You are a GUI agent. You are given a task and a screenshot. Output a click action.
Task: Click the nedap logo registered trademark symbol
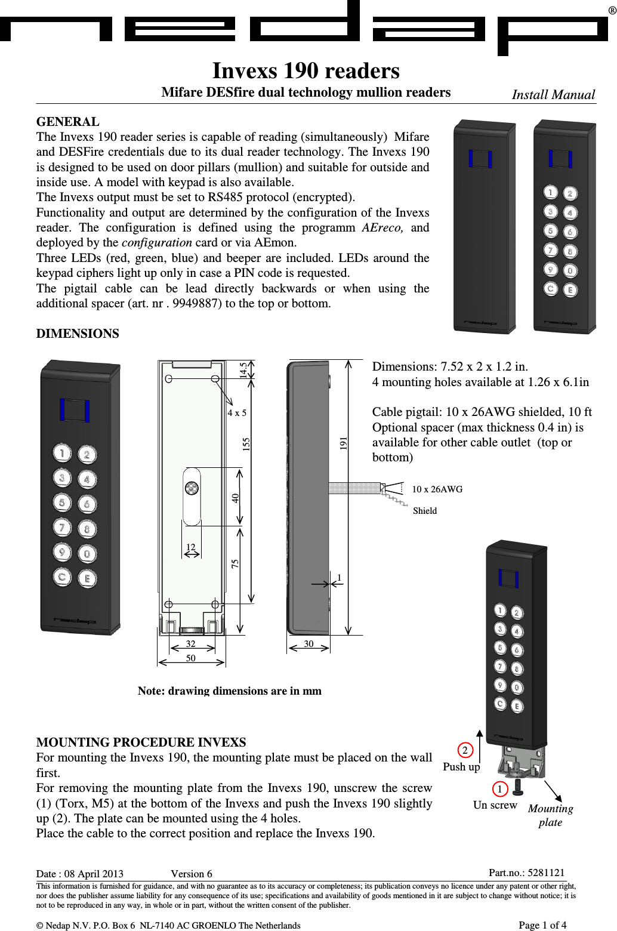612,10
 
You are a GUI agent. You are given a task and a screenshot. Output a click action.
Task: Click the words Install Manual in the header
553,95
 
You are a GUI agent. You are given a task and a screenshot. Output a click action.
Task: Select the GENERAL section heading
68,122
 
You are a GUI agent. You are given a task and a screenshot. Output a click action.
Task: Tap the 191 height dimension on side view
343,443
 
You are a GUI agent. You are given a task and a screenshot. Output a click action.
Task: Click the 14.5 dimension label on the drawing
243,369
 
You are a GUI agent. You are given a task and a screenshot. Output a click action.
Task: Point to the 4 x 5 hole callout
237,413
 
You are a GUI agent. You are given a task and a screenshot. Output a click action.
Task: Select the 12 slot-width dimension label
190,547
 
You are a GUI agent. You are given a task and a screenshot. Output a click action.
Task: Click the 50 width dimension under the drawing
190,658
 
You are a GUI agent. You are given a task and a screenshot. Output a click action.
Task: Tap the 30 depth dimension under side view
308,644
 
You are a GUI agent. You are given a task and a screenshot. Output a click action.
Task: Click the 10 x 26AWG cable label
437,489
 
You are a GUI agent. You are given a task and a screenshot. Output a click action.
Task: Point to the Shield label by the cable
425,511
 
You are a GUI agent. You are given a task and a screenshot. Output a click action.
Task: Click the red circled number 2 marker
465,751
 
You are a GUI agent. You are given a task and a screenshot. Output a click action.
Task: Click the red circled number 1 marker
500,789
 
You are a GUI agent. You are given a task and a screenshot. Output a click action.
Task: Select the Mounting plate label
550,815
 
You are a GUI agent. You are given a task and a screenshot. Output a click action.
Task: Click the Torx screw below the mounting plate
517,787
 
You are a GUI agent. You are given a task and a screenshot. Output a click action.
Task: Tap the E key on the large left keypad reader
87,578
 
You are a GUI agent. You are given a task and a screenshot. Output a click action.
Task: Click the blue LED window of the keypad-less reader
480,159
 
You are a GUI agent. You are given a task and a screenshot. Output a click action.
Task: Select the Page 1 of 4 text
542,925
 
